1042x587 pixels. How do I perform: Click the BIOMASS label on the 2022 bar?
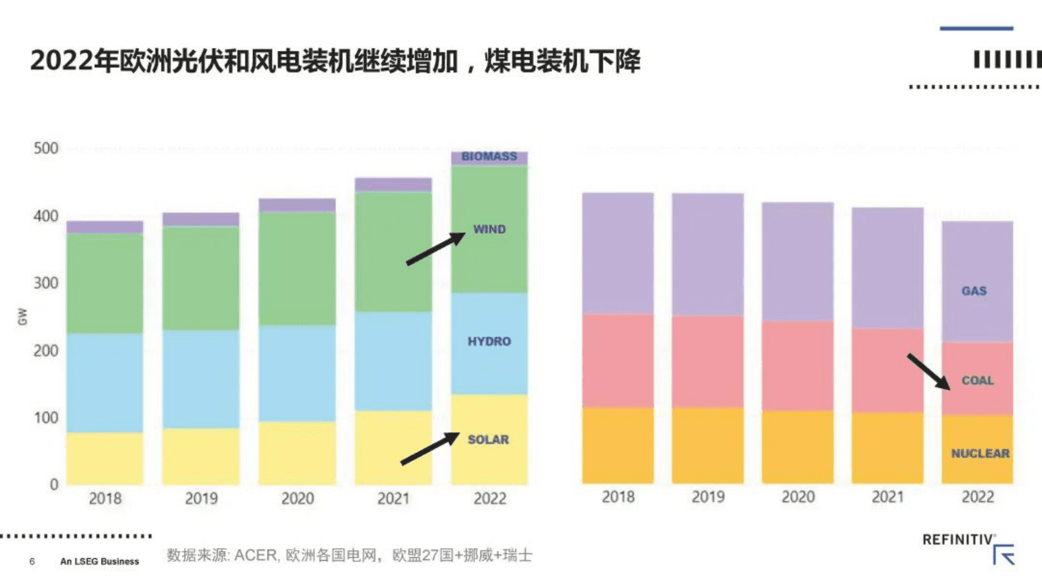click(x=488, y=156)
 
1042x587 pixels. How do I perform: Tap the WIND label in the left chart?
click(x=489, y=229)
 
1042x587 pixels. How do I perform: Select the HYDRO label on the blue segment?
click(x=488, y=341)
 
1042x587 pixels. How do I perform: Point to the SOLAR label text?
click(x=488, y=439)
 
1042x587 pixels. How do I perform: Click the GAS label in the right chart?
click(x=974, y=291)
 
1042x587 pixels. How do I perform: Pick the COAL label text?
click(x=977, y=380)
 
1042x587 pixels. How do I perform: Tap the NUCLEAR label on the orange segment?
click(x=980, y=453)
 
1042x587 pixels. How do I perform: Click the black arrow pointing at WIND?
click(x=435, y=250)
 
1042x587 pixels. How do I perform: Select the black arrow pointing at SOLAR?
click(x=429, y=448)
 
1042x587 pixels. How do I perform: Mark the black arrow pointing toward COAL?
click(x=928, y=372)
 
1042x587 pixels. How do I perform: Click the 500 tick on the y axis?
click(x=46, y=148)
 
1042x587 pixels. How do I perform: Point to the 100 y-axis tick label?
click(x=46, y=418)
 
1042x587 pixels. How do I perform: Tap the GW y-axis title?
click(x=22, y=316)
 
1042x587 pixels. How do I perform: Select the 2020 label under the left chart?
click(x=297, y=498)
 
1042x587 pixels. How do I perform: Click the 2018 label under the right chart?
click(x=618, y=497)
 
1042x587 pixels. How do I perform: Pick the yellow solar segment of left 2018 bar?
click(x=105, y=458)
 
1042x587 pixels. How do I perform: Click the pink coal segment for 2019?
click(x=708, y=361)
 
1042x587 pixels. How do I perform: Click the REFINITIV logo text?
click(x=957, y=540)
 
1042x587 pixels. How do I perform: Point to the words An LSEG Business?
click(x=99, y=561)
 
